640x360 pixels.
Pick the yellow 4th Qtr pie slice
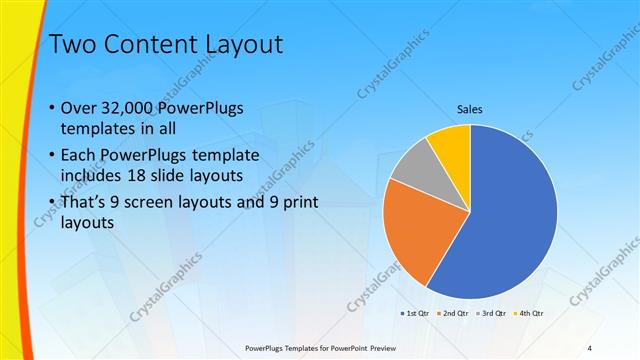454,144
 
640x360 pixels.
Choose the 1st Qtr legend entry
417,313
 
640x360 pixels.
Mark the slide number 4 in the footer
589,347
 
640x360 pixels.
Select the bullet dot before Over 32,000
51,108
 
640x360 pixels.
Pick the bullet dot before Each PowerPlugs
51,156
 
